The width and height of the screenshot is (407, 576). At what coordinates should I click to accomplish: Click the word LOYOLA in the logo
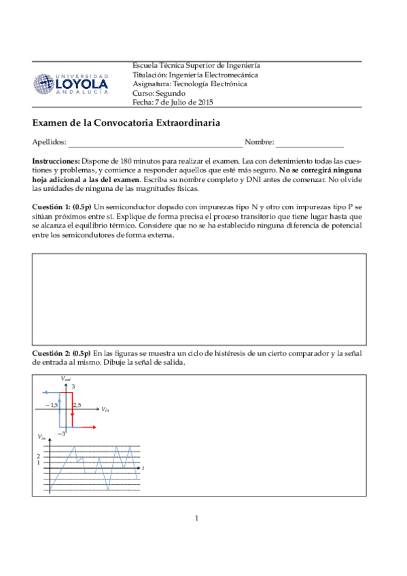(81, 84)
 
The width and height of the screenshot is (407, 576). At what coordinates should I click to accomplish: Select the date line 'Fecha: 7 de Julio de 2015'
(173, 102)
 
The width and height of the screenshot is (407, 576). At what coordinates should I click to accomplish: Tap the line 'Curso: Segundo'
(158, 93)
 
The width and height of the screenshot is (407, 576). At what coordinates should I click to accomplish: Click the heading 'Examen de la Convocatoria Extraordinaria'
(126, 123)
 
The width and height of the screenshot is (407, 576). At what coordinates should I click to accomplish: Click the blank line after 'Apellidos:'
(154, 143)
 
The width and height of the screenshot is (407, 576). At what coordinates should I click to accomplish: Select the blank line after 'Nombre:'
(309, 143)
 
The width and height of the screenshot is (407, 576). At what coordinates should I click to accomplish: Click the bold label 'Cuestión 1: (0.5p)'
(62, 206)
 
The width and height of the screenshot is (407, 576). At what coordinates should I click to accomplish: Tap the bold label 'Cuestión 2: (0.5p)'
(62, 354)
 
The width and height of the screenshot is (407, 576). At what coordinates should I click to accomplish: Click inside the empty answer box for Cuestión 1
(199, 300)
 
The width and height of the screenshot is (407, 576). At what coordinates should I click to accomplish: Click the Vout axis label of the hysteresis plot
(65, 378)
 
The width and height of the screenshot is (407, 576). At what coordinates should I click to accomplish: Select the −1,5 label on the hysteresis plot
(51, 405)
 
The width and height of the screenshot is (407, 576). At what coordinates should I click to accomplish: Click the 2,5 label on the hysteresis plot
(77, 405)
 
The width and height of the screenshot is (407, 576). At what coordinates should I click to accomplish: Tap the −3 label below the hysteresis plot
(61, 433)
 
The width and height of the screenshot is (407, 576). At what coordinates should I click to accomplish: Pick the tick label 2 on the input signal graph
(39, 457)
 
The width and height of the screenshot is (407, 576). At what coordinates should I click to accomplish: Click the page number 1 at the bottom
(196, 519)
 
